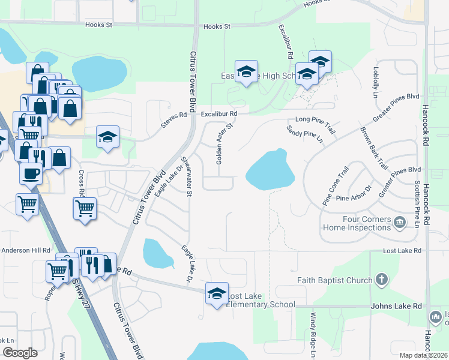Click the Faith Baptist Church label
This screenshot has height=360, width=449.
[x=334, y=280]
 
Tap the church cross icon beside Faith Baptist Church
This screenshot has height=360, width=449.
[x=381, y=280]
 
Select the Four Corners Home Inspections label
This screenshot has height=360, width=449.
[x=357, y=224]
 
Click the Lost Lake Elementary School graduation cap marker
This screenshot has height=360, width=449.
[x=217, y=293]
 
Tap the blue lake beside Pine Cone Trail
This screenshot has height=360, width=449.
[x=270, y=170]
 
